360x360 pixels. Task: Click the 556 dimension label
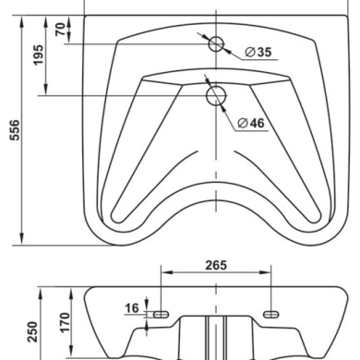coord(14,130)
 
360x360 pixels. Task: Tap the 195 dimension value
coord(39,55)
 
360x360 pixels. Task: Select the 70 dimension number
coord(61,30)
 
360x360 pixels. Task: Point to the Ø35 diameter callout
coord(258,52)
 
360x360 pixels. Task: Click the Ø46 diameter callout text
coord(251,123)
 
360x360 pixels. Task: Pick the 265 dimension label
coord(216,265)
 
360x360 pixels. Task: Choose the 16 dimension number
coord(132,307)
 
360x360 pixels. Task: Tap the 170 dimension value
coord(65,322)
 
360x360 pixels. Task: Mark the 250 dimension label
coord(32,332)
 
